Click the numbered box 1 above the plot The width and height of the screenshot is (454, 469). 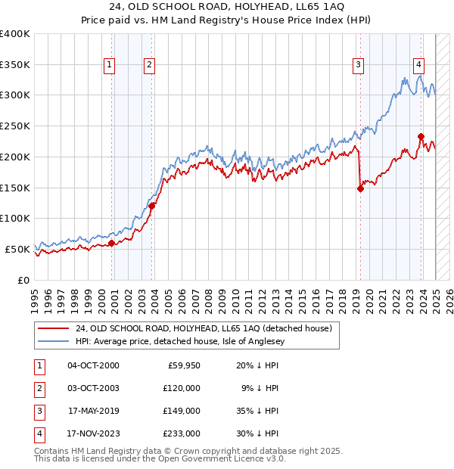(110, 66)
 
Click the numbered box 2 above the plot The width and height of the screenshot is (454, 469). (150, 66)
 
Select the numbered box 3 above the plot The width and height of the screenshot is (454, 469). (358, 66)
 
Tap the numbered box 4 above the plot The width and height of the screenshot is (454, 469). (418, 66)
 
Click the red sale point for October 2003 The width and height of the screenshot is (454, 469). (152, 205)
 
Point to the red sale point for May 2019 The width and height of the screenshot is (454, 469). (360, 189)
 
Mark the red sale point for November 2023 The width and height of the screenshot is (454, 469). (421, 137)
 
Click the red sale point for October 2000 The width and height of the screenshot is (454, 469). (112, 243)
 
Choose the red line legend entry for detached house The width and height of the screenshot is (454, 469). (204, 328)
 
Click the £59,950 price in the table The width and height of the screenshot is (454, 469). (182, 365)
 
